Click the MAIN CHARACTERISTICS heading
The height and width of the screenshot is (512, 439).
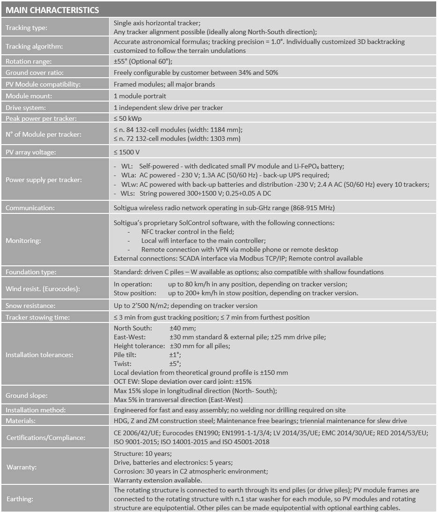(x=52, y=10)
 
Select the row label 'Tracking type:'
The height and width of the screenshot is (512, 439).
(x=26, y=28)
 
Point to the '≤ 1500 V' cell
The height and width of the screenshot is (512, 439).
(x=127, y=152)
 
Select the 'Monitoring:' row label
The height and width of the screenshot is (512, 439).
(x=23, y=241)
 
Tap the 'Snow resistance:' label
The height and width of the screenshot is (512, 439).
(x=30, y=306)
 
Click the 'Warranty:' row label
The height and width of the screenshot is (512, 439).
(x=22, y=467)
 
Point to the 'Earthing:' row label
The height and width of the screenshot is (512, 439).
(x=19, y=499)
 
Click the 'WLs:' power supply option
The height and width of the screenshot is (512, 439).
(x=127, y=193)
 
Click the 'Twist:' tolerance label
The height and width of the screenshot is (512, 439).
(x=123, y=364)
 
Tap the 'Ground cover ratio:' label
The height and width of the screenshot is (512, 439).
(x=35, y=73)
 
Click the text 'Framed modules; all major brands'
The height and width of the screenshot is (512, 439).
(x=164, y=84)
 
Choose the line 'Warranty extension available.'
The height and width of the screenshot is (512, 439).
(x=158, y=480)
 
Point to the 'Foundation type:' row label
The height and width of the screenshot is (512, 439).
(x=31, y=272)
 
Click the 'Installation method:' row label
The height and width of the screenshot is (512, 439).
(x=36, y=410)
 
